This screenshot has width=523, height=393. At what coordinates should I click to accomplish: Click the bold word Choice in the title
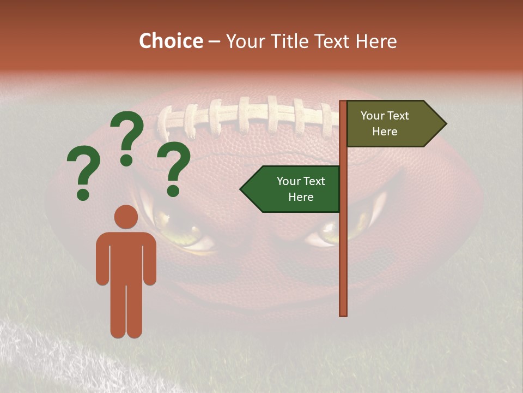point(171,41)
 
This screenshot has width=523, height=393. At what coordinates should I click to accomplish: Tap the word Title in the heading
point(287,41)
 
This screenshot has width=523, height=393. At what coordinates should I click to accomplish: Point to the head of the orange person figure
point(126,217)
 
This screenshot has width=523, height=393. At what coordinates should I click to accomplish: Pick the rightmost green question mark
point(174,167)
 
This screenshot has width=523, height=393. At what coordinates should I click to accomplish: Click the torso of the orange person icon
point(126,257)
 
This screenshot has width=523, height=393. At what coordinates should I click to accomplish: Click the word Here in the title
point(376,41)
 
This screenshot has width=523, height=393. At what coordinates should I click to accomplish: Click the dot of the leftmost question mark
point(83,194)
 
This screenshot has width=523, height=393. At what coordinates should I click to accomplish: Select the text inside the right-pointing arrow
point(385,123)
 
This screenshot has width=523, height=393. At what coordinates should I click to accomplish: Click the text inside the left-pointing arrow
point(301,189)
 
